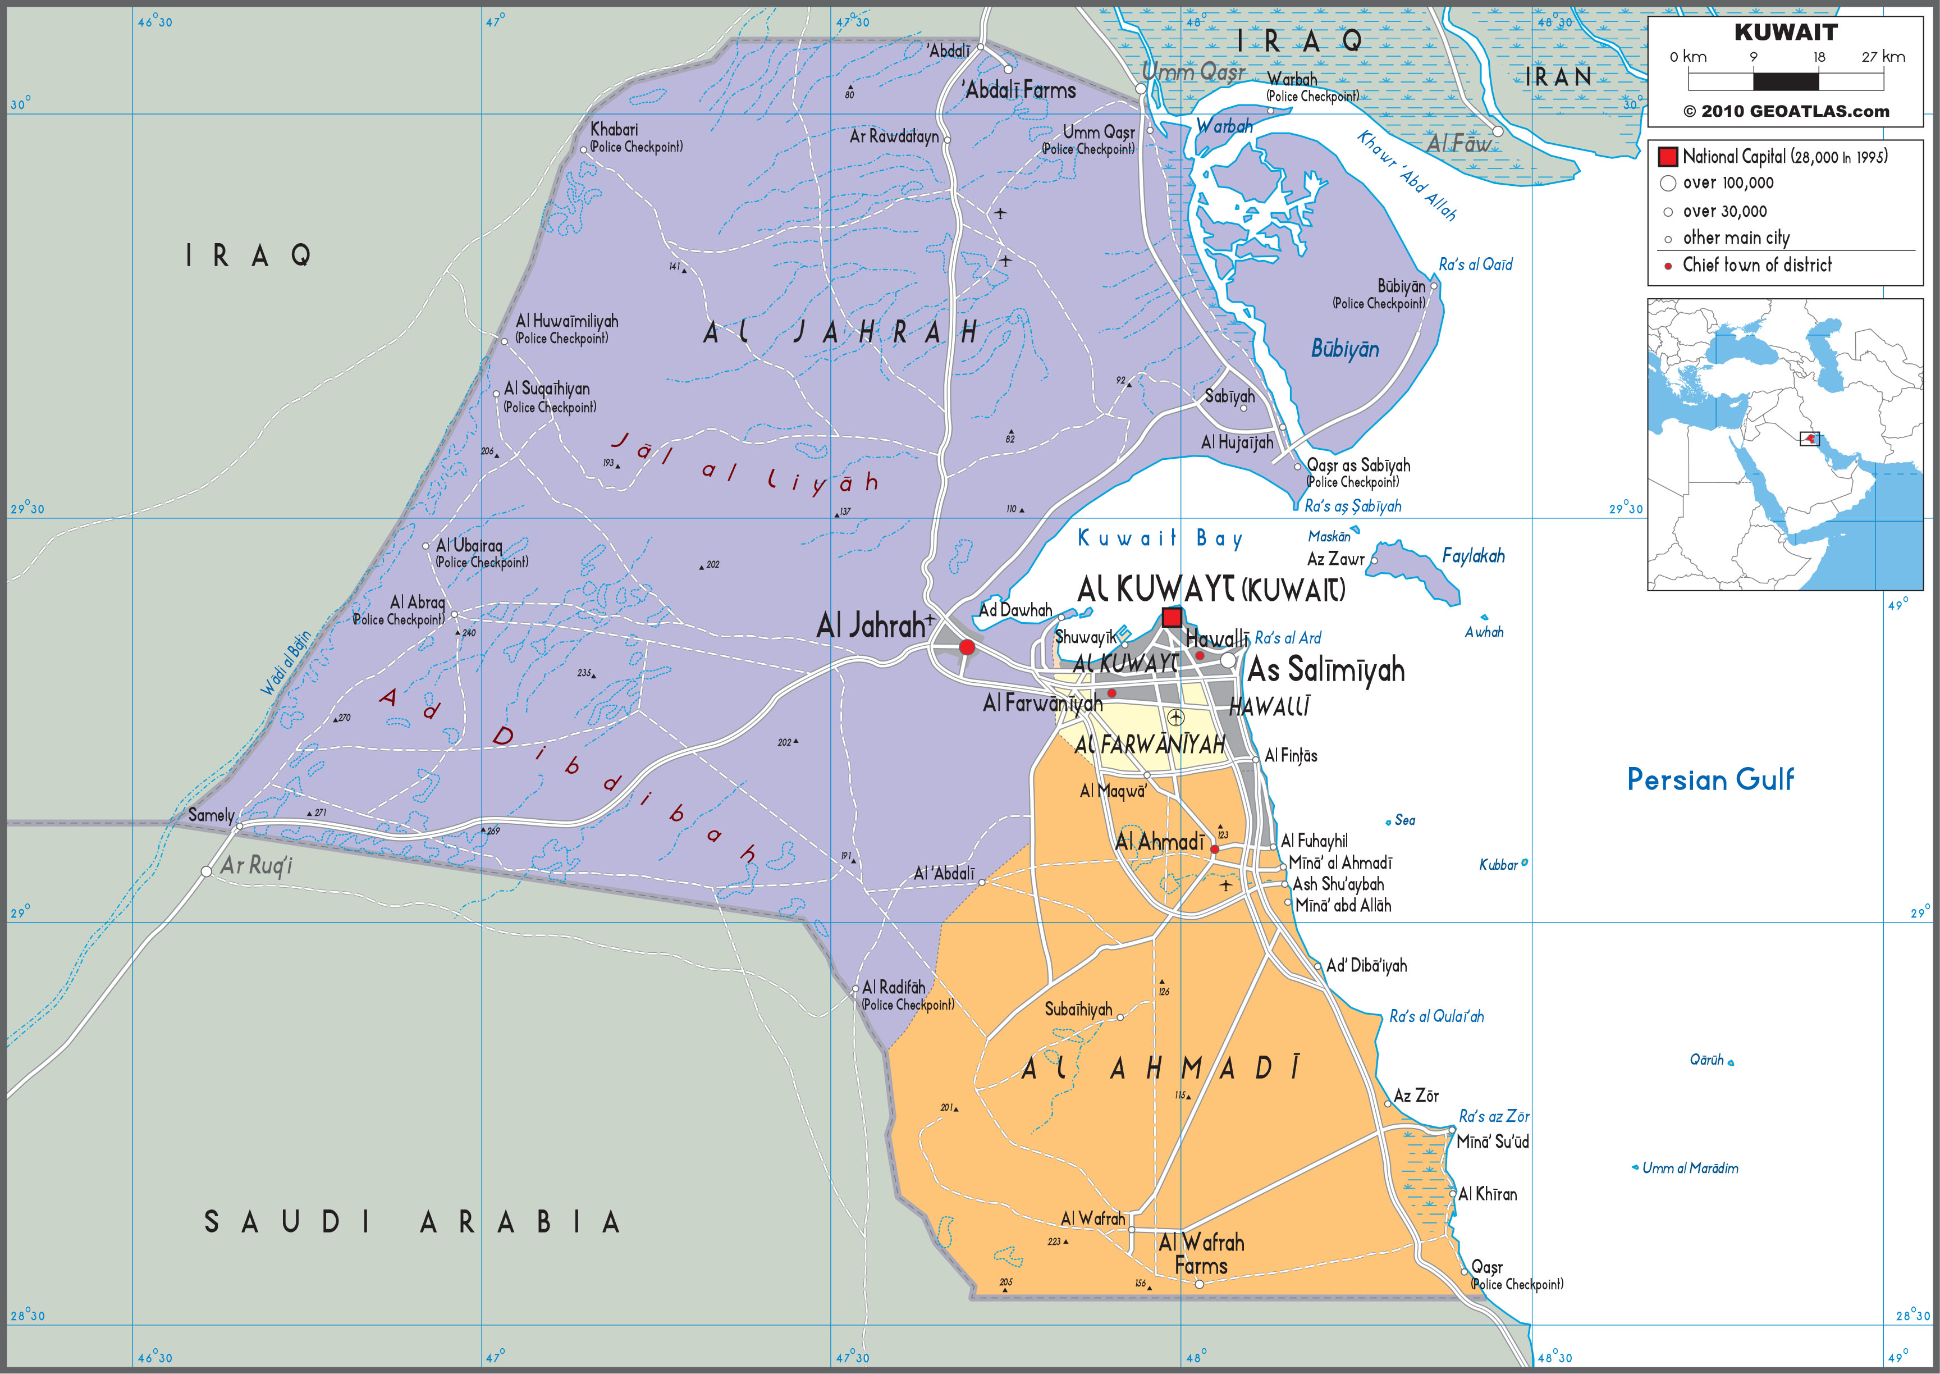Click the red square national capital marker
1172,617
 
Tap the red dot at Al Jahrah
967,647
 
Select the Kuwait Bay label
1159,538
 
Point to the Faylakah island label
1472,556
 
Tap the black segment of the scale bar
1785,82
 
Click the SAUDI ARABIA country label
413,1222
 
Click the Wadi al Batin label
286,663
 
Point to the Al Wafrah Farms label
1201,1254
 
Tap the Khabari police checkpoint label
634,137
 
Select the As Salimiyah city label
1325,670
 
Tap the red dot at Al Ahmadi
1214,848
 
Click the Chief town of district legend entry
1756,265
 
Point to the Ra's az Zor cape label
1494,1116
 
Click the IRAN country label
1558,77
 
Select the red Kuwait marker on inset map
1809,439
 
